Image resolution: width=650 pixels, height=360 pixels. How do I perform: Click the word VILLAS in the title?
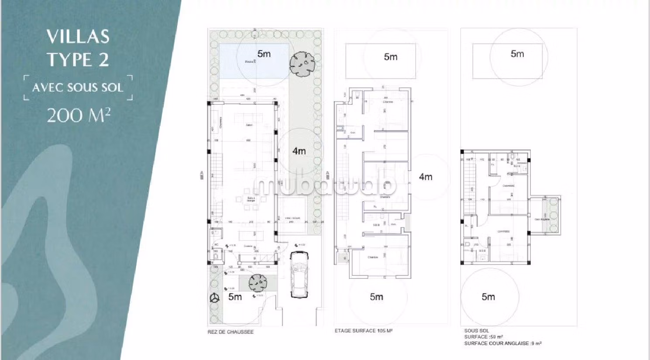pyautogui.click(x=78, y=37)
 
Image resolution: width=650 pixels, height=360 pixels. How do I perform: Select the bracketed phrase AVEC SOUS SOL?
pyautogui.click(x=78, y=87)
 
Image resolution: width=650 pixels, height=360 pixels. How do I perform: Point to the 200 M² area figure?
pyautogui.click(x=78, y=116)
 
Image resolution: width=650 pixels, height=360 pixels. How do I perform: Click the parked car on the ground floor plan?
pyautogui.click(x=299, y=275)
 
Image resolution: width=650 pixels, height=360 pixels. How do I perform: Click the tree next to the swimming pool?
pyautogui.click(x=302, y=64)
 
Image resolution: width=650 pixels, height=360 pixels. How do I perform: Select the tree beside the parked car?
pyautogui.click(x=258, y=283)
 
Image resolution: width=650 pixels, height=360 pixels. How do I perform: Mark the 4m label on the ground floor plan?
pyautogui.click(x=299, y=151)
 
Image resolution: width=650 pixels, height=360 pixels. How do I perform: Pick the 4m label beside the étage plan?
pyautogui.click(x=426, y=177)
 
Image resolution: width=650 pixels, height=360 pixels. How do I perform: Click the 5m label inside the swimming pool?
pyautogui.click(x=264, y=54)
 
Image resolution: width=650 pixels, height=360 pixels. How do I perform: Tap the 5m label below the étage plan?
pyautogui.click(x=376, y=297)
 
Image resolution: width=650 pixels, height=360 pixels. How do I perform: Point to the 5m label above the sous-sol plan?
pyautogui.click(x=517, y=54)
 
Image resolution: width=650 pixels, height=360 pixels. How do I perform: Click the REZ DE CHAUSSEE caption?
pyautogui.click(x=230, y=332)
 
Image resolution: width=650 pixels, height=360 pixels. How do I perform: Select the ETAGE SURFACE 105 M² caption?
pyautogui.click(x=364, y=331)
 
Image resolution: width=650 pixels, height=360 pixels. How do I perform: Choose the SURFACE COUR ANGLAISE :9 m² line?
pyautogui.click(x=502, y=343)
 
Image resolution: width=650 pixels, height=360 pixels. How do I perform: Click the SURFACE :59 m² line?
pyautogui.click(x=483, y=337)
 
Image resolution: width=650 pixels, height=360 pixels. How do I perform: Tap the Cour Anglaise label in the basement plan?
pyautogui.click(x=542, y=219)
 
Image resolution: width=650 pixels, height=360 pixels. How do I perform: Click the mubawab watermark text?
pyautogui.click(x=325, y=185)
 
